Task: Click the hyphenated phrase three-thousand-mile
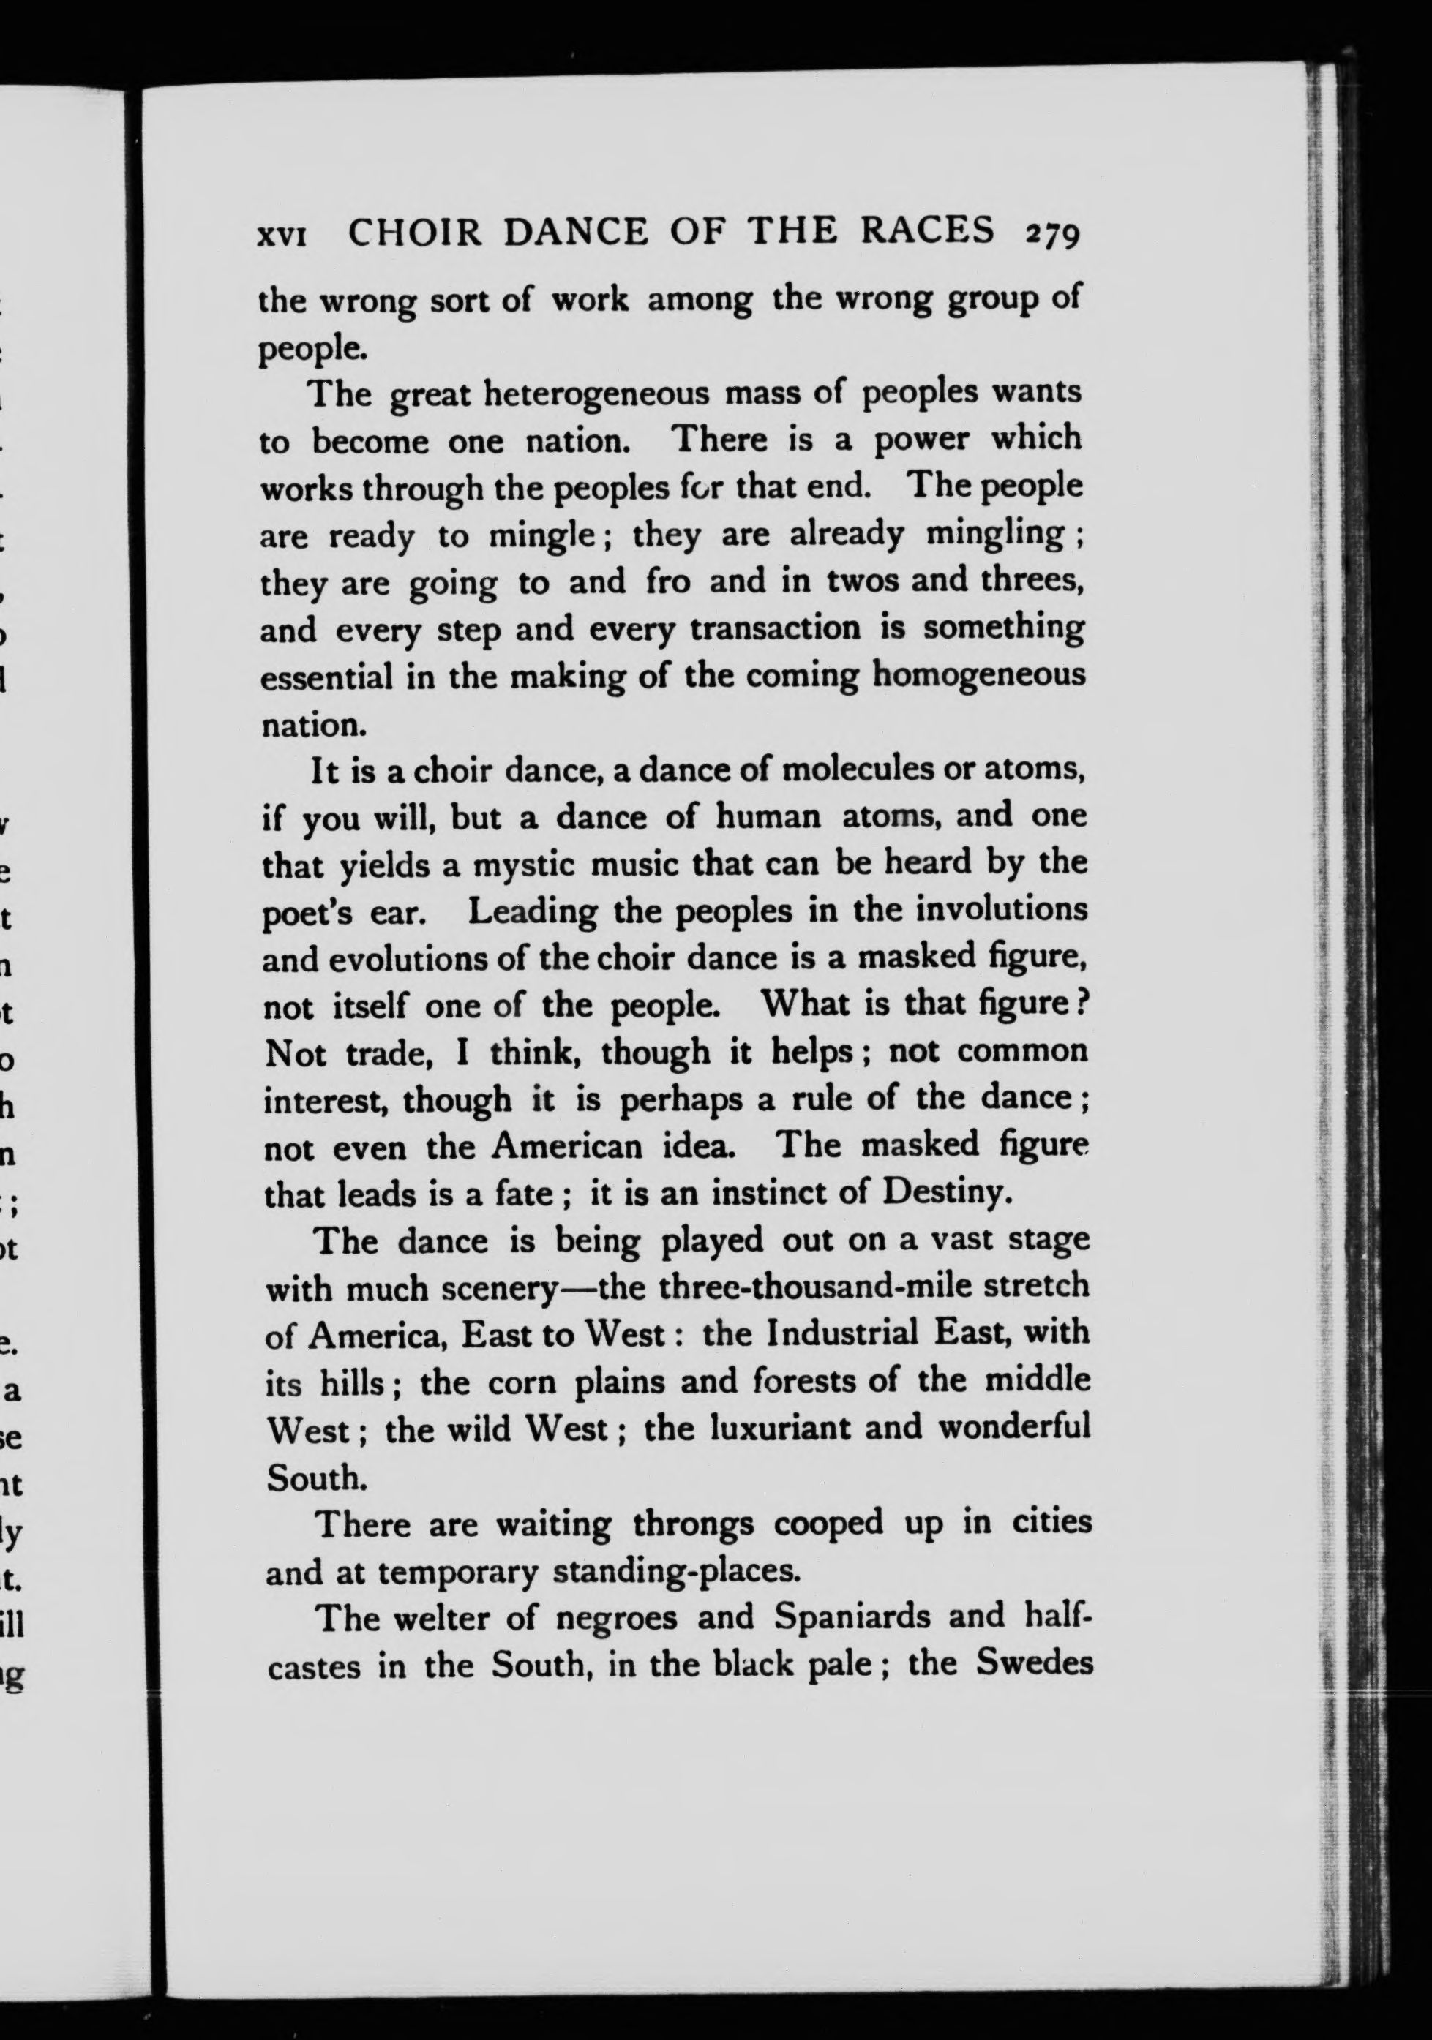click(x=795, y=1287)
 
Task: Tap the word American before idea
click(x=567, y=1146)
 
